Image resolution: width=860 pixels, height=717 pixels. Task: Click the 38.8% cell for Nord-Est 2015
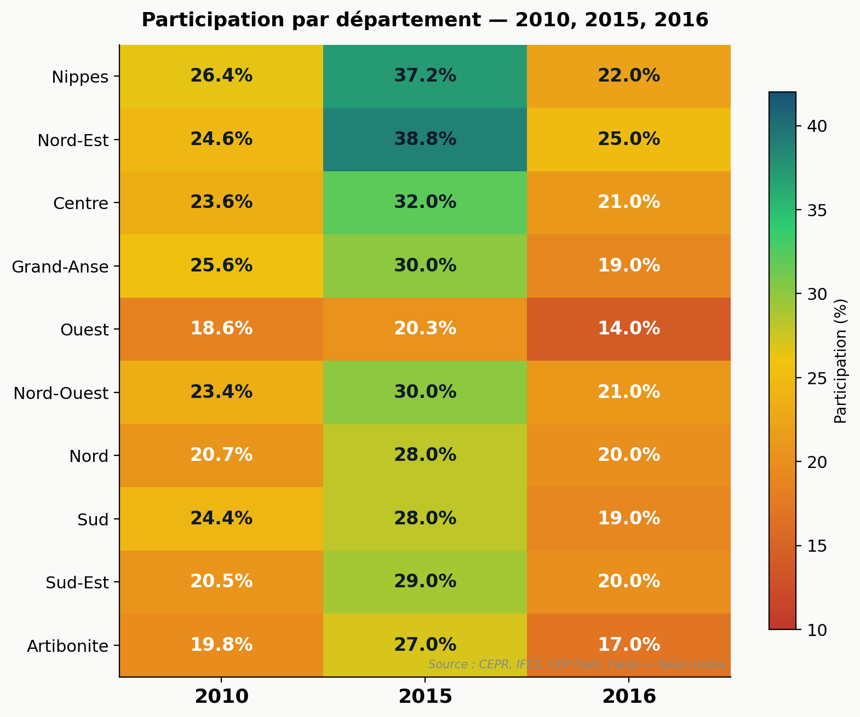pos(425,140)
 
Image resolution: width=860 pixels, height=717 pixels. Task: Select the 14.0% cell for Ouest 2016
pos(629,329)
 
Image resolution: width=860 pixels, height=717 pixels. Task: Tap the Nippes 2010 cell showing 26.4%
pos(221,76)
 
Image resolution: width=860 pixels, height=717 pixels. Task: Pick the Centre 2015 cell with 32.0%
pos(425,203)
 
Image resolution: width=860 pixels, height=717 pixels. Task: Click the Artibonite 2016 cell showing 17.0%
pos(629,645)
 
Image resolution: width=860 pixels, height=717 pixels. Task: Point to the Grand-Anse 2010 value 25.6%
pos(221,266)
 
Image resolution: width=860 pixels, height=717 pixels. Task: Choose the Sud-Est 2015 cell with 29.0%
pos(425,582)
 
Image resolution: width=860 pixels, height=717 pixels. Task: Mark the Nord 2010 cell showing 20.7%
pos(221,455)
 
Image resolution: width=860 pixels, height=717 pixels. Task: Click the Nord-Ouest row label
pos(61,393)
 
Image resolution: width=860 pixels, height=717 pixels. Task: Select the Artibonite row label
pos(67,646)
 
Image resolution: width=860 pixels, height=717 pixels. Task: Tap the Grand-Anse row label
pos(60,267)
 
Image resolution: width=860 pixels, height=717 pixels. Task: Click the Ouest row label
pos(84,330)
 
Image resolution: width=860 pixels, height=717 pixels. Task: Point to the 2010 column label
pos(221,697)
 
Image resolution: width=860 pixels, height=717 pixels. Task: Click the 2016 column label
pos(629,697)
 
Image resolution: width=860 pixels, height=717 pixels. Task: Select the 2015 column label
pos(425,697)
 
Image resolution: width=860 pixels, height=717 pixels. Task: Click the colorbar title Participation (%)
pos(840,361)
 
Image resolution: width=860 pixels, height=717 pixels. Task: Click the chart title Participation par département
pos(425,20)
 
